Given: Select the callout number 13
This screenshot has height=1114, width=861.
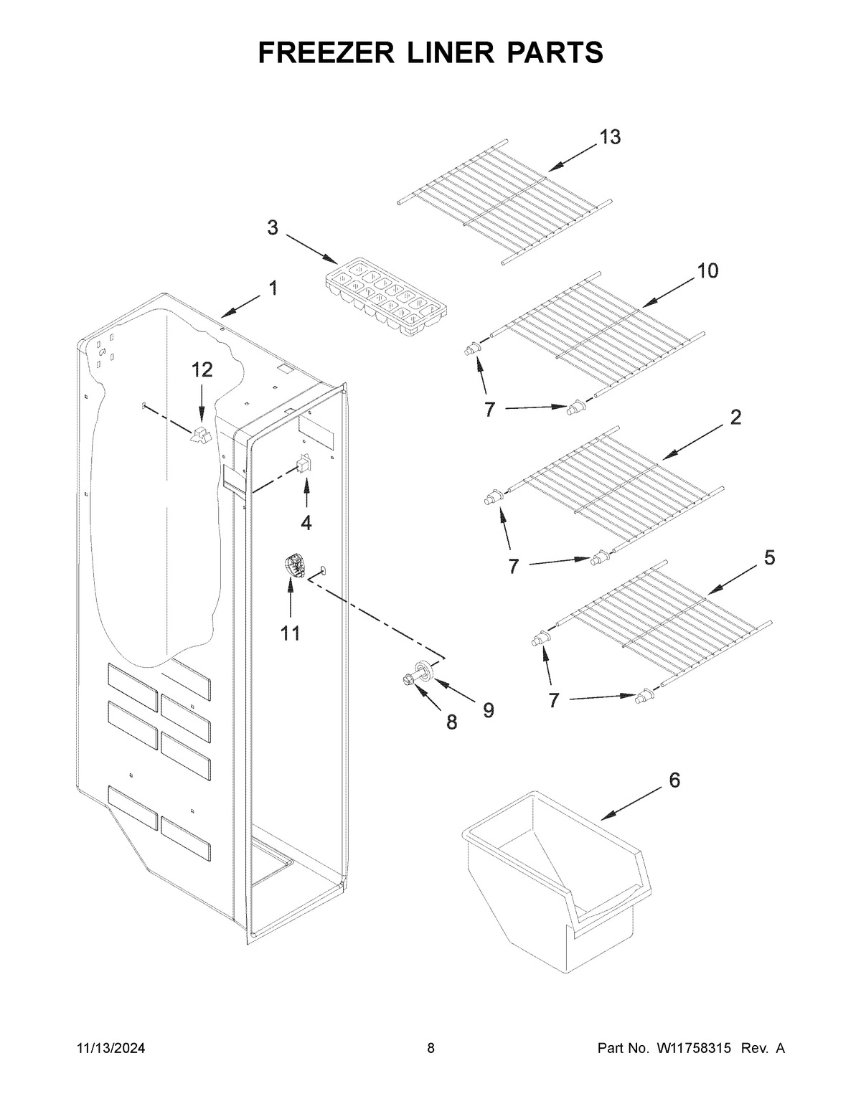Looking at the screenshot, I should [x=610, y=138].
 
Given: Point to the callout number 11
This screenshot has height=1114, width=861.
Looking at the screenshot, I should [x=291, y=633].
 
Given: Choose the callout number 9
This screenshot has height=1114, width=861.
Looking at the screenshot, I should [x=488, y=710].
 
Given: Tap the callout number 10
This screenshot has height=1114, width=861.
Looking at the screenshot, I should [x=707, y=270].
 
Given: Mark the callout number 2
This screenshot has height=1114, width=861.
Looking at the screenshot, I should [x=735, y=417].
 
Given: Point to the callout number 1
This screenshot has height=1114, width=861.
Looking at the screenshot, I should [x=273, y=288].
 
